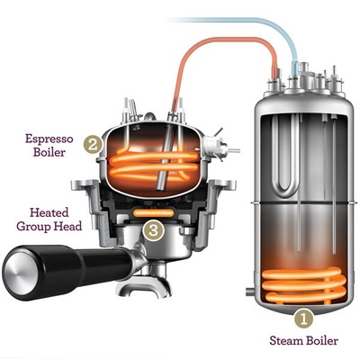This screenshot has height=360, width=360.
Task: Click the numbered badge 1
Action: click(x=303, y=319)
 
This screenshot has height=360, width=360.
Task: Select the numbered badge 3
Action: click(x=153, y=230)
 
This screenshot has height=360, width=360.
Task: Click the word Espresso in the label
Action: click(x=49, y=139)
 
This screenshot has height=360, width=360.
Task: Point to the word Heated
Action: click(x=49, y=212)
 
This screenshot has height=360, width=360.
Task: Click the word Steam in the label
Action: click(x=286, y=341)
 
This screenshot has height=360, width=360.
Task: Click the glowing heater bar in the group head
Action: click(x=153, y=213)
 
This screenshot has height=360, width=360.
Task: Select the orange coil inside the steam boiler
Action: click(x=303, y=284)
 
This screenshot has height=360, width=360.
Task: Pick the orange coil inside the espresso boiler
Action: click(x=155, y=166)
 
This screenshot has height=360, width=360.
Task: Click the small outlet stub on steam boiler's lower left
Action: click(x=250, y=291)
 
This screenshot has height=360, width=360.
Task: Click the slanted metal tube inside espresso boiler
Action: click(x=165, y=158)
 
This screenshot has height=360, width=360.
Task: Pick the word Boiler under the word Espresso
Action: click(x=49, y=152)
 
